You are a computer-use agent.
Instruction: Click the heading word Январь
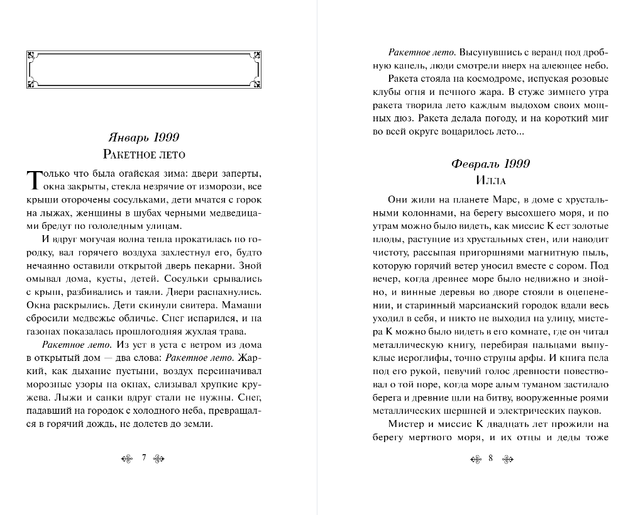pyautogui.click(x=128, y=138)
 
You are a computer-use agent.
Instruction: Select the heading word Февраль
pyautogui.click(x=475, y=163)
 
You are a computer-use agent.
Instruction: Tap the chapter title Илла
pyautogui.click(x=491, y=180)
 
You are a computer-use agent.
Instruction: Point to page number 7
pyautogui.click(x=144, y=458)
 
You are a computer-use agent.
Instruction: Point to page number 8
pyautogui.click(x=490, y=458)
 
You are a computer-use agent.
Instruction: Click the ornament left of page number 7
pyautogui.click(x=127, y=458)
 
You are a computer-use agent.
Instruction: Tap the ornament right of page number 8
pyautogui.click(x=507, y=458)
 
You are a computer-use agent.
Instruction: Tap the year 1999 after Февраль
pyautogui.click(x=515, y=163)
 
